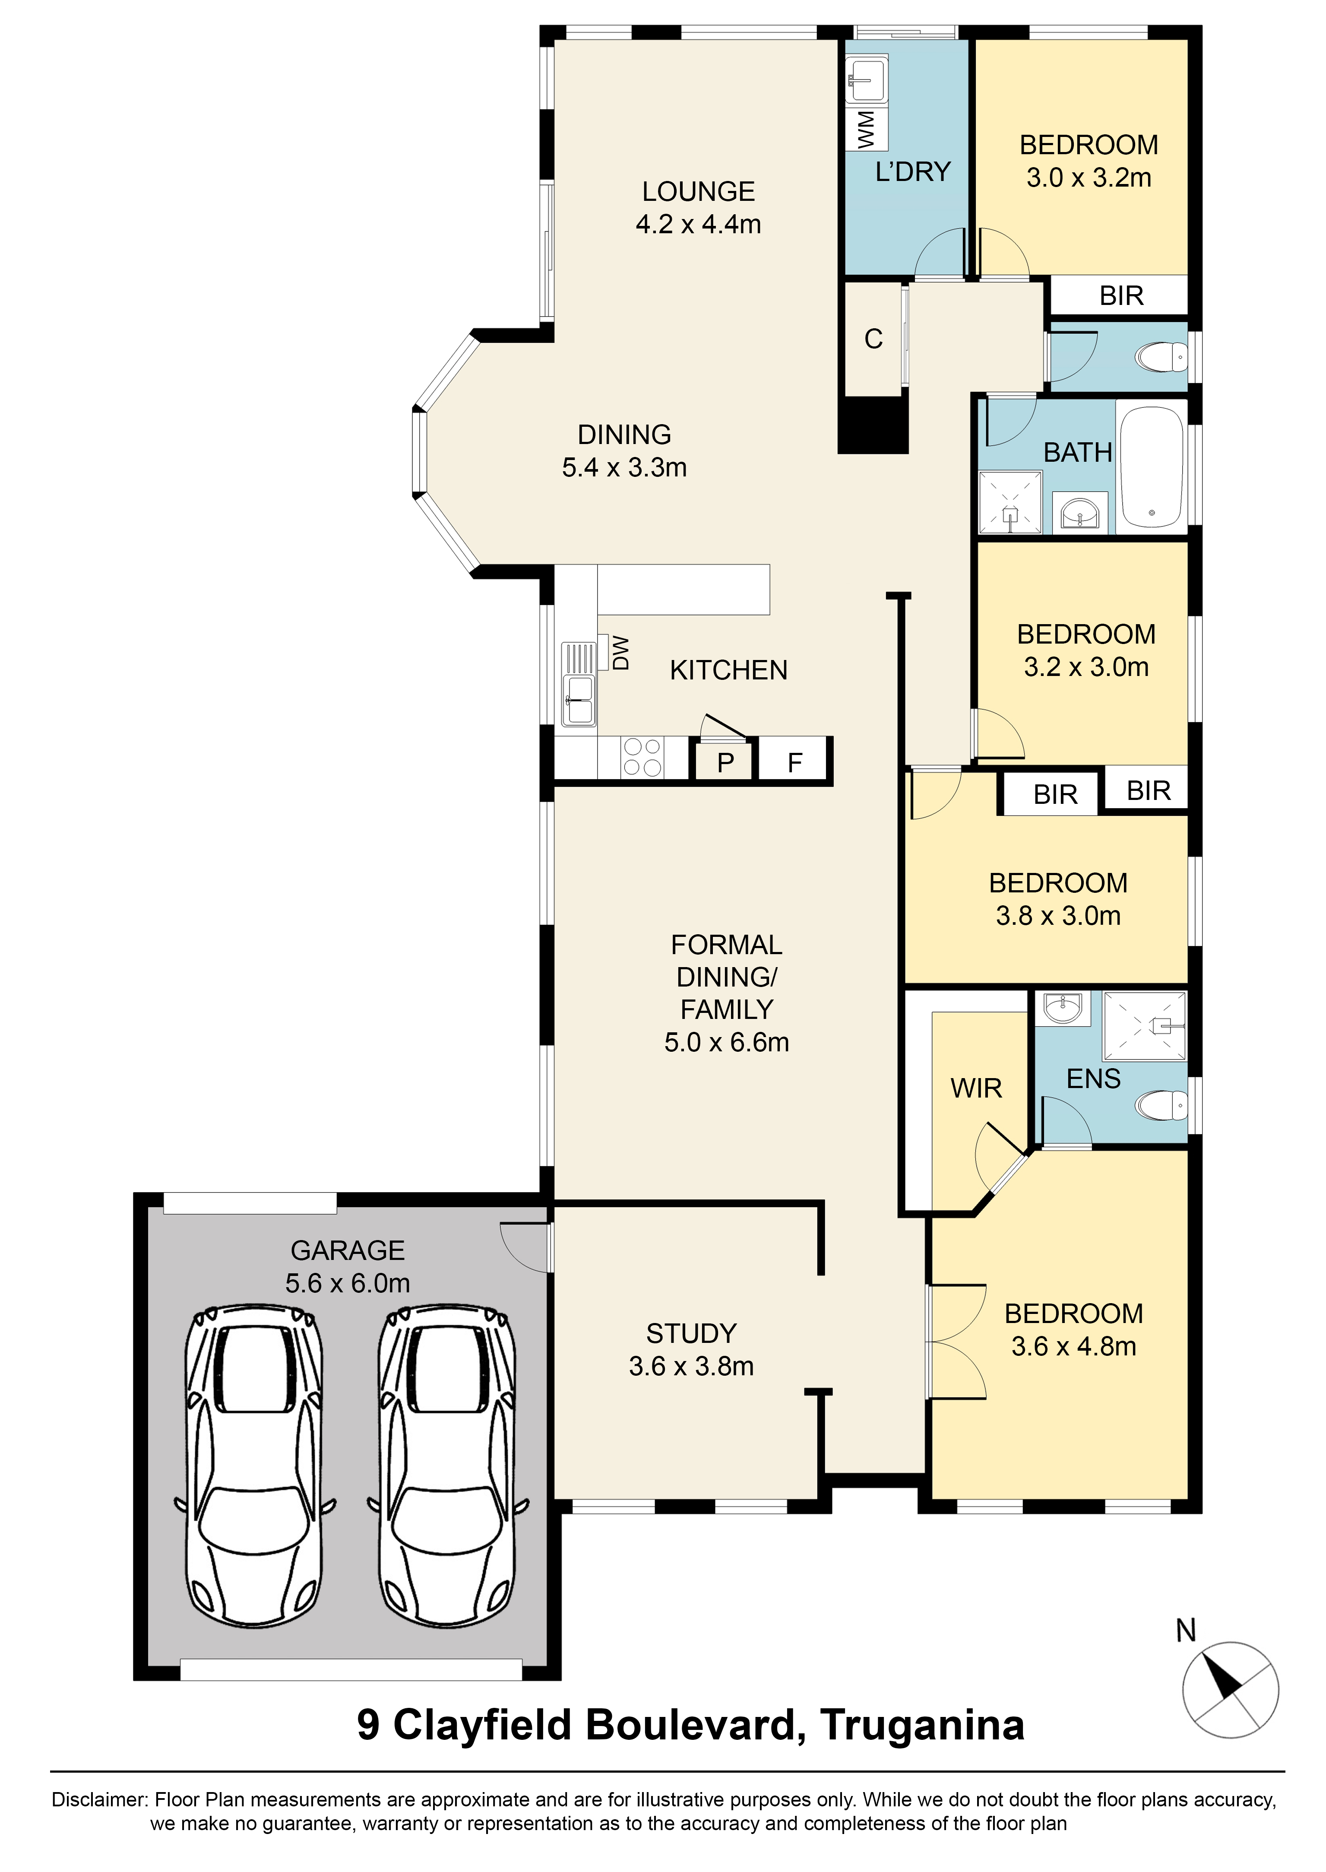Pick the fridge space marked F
[x=794, y=762]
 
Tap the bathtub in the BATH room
[x=1151, y=467]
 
